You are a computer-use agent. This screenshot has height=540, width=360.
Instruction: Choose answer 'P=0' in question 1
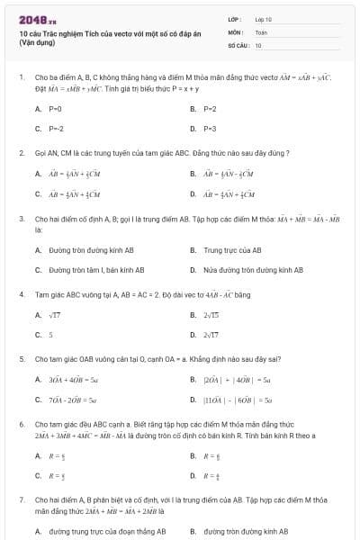click(55, 108)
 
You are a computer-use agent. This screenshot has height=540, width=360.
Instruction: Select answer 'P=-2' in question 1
click(56, 129)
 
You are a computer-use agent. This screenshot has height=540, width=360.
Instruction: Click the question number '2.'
click(22, 153)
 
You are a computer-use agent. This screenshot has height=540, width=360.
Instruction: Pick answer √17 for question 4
click(55, 315)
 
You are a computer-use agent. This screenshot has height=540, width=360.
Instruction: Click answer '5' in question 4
click(51, 335)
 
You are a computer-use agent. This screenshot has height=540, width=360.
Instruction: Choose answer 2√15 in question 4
click(212, 315)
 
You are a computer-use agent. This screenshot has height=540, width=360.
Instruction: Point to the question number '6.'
click(22, 422)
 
